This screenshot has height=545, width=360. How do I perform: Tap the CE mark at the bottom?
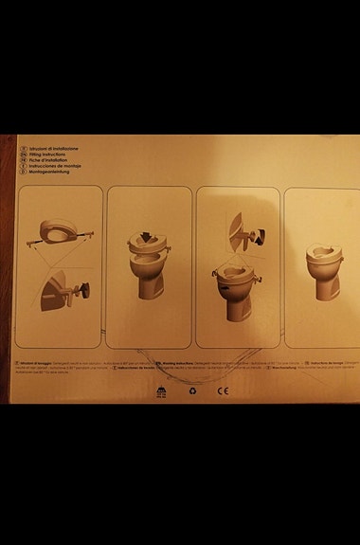tap(224, 389)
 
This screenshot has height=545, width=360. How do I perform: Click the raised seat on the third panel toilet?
tap(233, 274)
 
